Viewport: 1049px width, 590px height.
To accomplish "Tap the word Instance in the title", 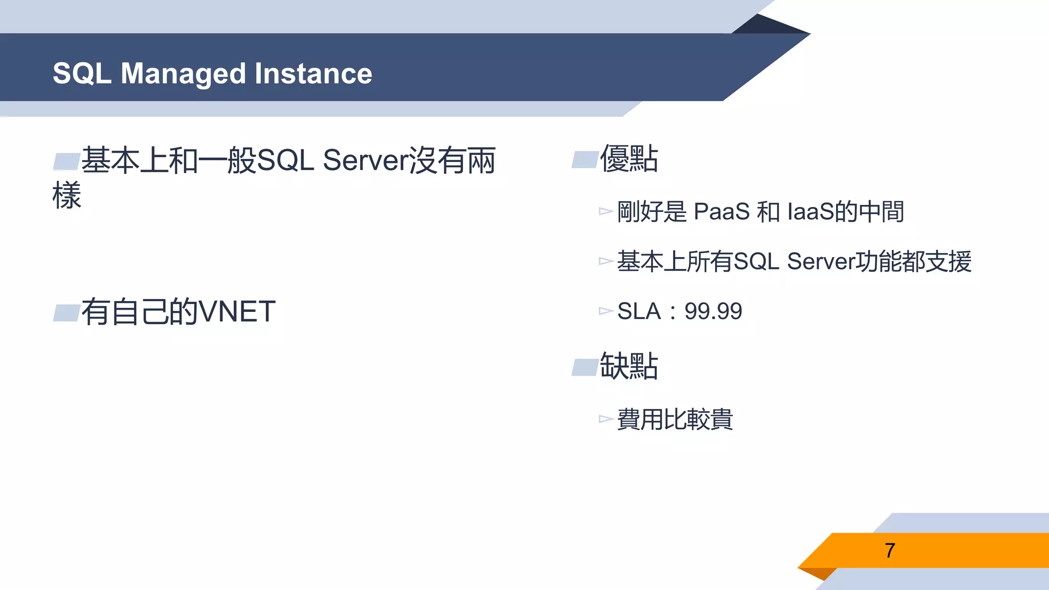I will pyautogui.click(x=313, y=74).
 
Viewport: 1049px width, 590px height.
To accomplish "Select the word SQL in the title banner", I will pyautogui.click(x=82, y=74).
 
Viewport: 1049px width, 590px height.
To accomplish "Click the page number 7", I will pyautogui.click(x=890, y=551).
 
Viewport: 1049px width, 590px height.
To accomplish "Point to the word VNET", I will pyautogui.click(x=237, y=311).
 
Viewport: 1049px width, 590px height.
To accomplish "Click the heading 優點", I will pyautogui.click(x=629, y=159).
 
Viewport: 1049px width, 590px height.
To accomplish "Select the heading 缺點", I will pyautogui.click(x=629, y=366).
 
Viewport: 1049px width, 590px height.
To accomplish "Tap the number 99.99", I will pyautogui.click(x=713, y=311).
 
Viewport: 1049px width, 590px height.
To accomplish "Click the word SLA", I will pyautogui.click(x=639, y=311).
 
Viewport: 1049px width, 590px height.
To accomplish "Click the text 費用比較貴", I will pyautogui.click(x=675, y=419).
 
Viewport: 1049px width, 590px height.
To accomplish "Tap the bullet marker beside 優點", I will pyautogui.click(x=585, y=160).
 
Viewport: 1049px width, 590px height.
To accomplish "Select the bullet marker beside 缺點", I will pyautogui.click(x=585, y=367).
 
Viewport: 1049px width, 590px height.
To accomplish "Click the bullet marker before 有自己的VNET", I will pyautogui.click(x=67, y=312).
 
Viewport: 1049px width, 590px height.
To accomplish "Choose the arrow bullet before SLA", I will pyautogui.click(x=605, y=311).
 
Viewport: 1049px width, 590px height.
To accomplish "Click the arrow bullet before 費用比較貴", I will pyautogui.click(x=605, y=419).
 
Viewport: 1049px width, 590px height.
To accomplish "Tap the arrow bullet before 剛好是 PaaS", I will pyautogui.click(x=605, y=211).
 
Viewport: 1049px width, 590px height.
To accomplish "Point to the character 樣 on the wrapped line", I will pyautogui.click(x=67, y=195).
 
